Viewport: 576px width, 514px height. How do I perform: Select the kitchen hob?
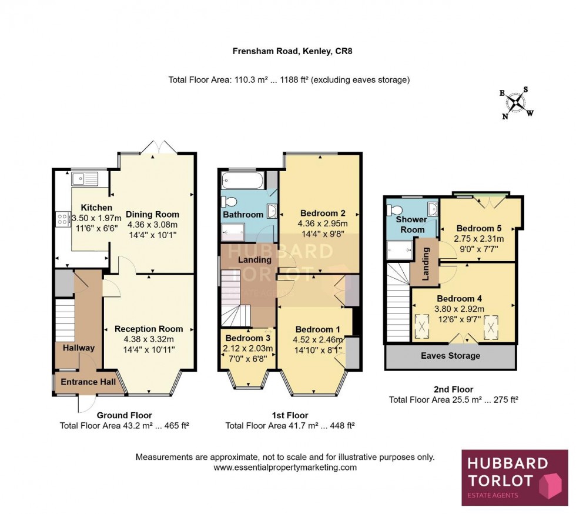61,219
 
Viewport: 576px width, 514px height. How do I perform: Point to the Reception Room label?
149,329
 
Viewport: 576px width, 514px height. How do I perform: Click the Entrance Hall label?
88,382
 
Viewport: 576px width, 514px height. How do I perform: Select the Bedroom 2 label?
322,213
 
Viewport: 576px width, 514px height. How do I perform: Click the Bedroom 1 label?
316,329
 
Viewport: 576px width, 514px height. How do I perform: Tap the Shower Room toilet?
396,208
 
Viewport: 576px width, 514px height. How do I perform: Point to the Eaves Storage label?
450,356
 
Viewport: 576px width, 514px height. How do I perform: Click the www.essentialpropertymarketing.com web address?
284,468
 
